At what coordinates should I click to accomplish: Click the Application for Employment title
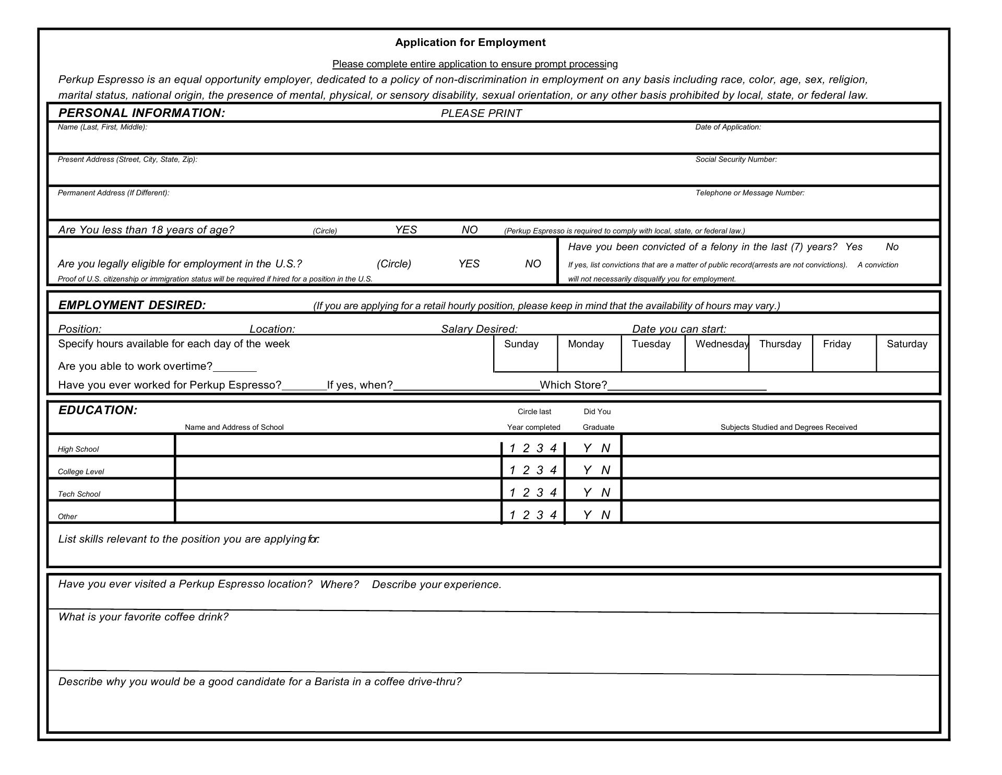(x=470, y=42)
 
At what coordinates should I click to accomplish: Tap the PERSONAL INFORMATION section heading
(x=141, y=113)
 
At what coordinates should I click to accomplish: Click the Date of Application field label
(x=727, y=127)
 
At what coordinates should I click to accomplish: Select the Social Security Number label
(x=736, y=159)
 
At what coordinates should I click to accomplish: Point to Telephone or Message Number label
(x=749, y=193)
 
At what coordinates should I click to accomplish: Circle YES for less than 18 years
(x=405, y=230)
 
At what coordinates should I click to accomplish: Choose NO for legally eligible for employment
(x=532, y=264)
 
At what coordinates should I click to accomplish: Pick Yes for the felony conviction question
(x=854, y=247)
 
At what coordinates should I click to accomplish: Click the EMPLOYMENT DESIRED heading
(x=132, y=305)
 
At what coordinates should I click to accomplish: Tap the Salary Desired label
(x=479, y=329)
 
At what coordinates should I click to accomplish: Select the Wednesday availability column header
(x=722, y=344)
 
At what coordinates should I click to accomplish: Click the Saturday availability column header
(x=906, y=344)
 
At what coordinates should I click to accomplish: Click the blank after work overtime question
(x=235, y=367)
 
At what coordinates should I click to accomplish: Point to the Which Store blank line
(x=687, y=386)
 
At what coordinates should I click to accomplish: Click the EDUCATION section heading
(x=98, y=410)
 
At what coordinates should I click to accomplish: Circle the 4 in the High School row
(x=553, y=448)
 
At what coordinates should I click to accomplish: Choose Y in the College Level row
(x=587, y=470)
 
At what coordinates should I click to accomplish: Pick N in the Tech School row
(x=605, y=492)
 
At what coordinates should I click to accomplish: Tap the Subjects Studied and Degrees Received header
(x=788, y=427)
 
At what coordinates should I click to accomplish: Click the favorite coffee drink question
(x=143, y=617)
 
